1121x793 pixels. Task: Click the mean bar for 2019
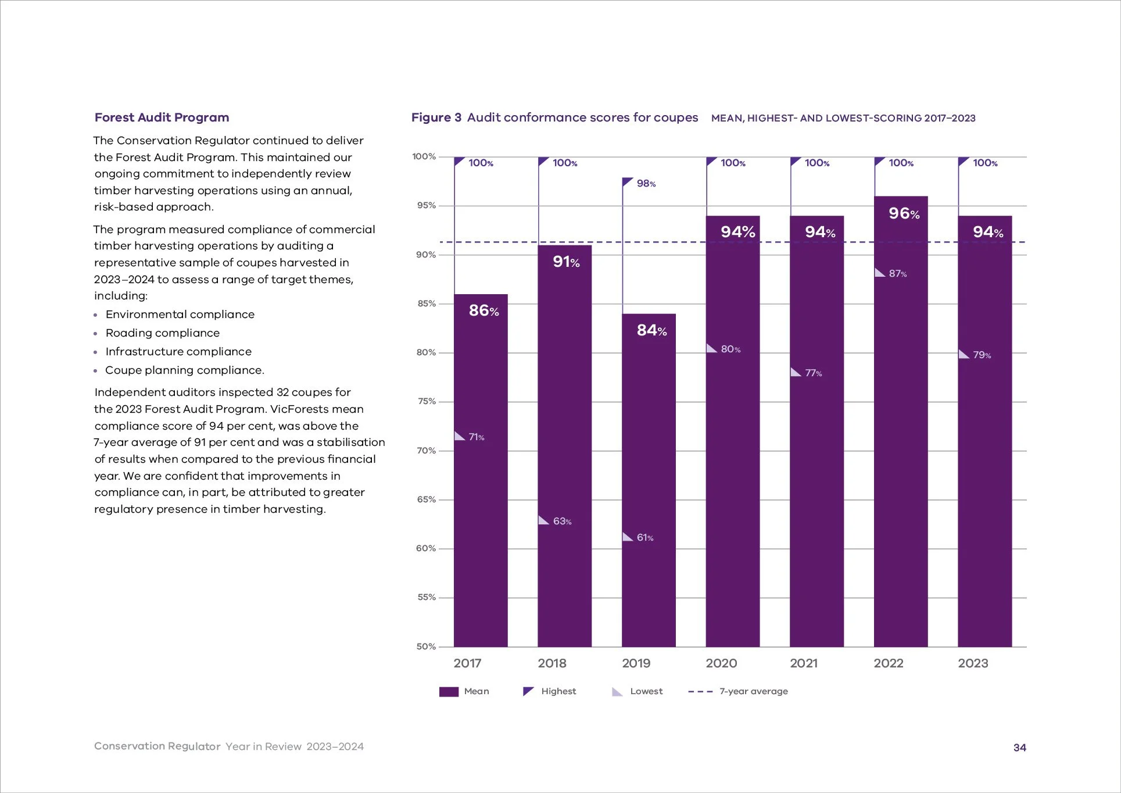pos(649,483)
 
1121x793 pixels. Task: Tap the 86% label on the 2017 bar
pos(484,311)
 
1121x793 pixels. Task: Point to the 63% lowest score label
pos(562,521)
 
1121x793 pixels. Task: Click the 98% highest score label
pos(646,184)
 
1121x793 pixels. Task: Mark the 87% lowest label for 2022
pos(897,274)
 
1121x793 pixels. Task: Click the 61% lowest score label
pos(644,538)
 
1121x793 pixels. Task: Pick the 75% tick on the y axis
pos(427,401)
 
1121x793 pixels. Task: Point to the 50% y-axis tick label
pos(426,646)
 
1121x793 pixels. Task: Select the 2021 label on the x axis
pos(804,663)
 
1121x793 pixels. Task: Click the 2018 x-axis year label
pos(551,663)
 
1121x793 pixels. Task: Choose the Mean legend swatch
pos(449,692)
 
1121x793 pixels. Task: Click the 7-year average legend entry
pos(753,691)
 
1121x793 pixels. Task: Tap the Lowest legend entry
pos(646,691)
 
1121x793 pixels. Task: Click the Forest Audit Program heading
pos(162,117)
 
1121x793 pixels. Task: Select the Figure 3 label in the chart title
pos(436,117)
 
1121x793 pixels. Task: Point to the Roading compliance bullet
pos(162,333)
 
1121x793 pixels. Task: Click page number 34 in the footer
pos(1019,748)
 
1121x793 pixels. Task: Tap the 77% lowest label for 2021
pos(813,373)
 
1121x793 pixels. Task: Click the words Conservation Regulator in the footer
pos(157,746)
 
